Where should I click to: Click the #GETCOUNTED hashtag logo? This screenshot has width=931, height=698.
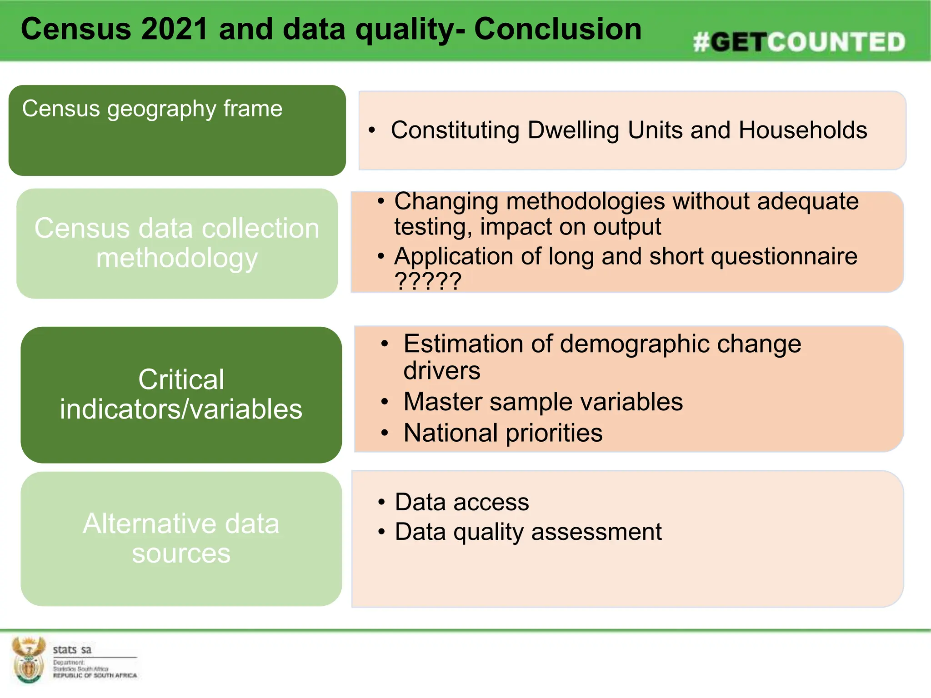point(799,42)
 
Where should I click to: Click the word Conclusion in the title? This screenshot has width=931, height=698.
point(557,29)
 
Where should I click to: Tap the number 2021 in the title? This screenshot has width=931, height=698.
point(175,29)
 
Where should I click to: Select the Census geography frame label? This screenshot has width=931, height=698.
point(152,109)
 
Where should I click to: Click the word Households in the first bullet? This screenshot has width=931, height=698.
point(802,130)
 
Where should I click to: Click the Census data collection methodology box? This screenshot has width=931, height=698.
point(177,243)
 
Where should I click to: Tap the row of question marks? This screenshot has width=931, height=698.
point(428,281)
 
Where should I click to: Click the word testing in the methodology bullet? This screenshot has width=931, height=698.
point(432,227)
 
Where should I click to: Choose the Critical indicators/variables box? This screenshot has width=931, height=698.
point(181,394)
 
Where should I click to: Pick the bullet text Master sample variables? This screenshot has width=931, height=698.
point(543,402)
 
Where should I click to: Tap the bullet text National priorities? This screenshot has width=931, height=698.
point(503,433)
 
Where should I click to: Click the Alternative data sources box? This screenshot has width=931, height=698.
point(181,538)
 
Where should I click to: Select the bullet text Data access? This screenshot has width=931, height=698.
point(462,502)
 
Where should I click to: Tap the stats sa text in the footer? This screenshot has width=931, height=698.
point(72,649)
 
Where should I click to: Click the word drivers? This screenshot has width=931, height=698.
point(441,371)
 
